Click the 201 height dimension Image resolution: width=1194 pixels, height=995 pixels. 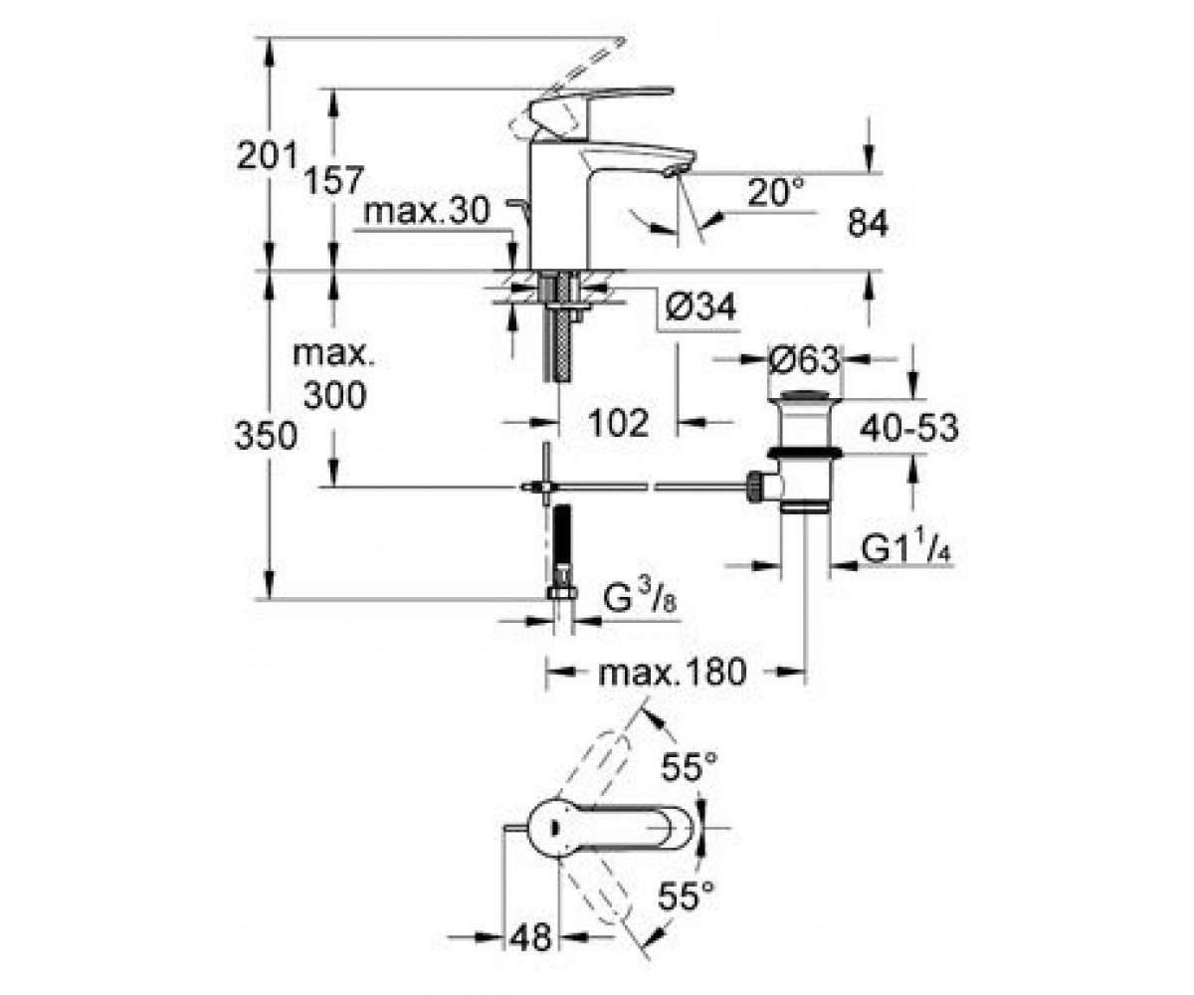267,155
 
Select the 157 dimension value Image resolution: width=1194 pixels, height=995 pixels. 333,180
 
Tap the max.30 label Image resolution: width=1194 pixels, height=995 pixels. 427,211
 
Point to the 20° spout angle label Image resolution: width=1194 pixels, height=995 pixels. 775,192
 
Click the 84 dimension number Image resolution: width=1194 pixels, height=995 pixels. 868,224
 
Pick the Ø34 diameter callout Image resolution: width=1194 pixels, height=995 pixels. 701,307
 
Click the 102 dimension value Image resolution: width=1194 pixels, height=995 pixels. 619,423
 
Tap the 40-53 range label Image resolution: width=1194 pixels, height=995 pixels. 908,428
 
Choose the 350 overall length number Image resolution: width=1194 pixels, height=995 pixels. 267,435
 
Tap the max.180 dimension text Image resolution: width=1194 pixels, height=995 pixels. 672,672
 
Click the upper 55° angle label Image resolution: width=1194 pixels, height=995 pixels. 690,766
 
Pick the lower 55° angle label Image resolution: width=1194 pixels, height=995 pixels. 687,896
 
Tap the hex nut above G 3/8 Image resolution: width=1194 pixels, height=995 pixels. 563,593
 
